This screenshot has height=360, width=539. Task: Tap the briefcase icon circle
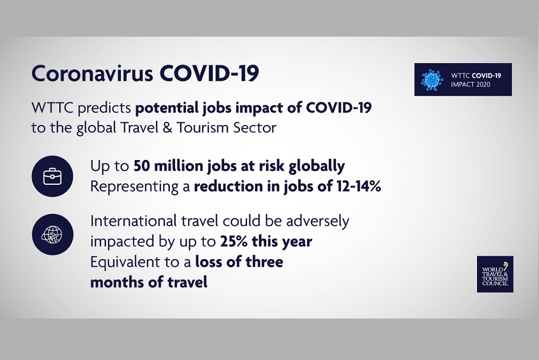pos(52,176)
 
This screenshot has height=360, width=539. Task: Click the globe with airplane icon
pos(52,234)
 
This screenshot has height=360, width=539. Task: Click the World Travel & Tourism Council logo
pos(495,274)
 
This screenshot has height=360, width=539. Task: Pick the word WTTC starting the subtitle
pos(52,108)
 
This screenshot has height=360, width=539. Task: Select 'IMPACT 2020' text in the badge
pos(468,84)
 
